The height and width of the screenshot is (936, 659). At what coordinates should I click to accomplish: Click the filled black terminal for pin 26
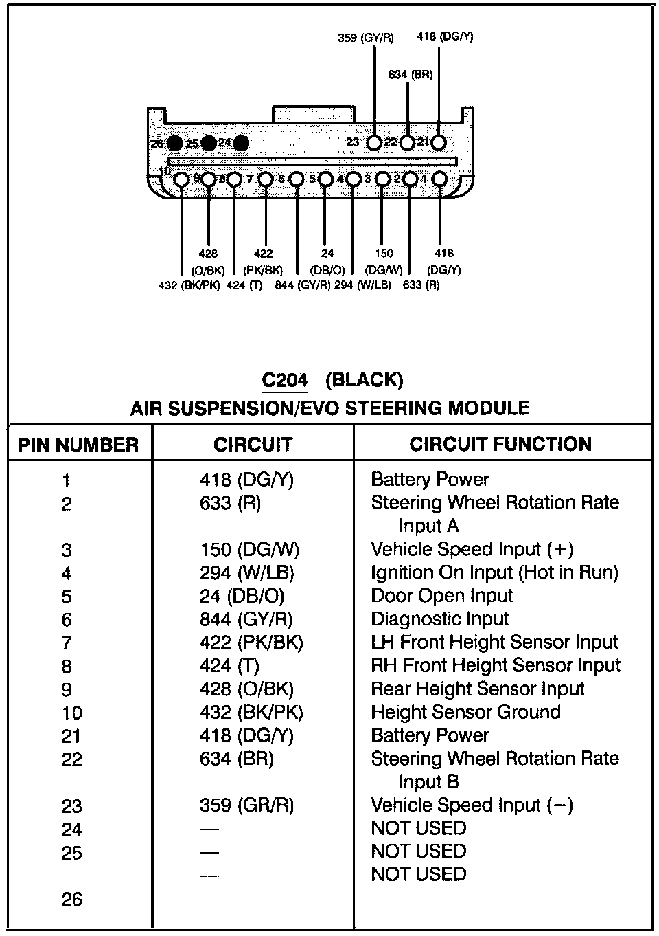click(174, 143)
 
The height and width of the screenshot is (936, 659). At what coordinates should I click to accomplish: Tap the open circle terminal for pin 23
click(374, 143)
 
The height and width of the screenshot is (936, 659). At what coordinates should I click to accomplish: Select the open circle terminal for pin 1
click(439, 179)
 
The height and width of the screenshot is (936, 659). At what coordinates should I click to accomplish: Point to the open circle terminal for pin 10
click(181, 179)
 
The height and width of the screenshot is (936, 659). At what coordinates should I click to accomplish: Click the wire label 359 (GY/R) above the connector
click(365, 38)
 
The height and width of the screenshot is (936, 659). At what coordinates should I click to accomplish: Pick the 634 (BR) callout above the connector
click(410, 74)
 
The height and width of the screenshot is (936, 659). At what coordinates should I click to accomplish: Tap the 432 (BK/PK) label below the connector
click(189, 286)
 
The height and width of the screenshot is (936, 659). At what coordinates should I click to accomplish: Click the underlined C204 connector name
click(285, 380)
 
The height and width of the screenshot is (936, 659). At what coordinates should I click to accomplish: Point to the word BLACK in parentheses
click(364, 380)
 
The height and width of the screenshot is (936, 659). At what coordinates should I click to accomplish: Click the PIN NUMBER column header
click(78, 445)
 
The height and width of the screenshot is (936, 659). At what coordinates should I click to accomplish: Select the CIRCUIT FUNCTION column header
click(500, 444)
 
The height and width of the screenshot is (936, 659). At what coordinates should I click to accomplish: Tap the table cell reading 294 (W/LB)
click(246, 573)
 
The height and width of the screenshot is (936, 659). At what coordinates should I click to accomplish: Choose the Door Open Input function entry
click(441, 596)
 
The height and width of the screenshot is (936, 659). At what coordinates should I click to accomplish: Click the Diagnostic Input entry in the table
click(439, 619)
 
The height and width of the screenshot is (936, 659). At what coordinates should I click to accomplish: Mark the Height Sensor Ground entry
click(465, 712)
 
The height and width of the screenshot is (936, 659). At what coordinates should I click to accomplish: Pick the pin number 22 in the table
click(71, 760)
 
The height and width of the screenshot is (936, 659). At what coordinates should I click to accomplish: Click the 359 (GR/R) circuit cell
click(246, 805)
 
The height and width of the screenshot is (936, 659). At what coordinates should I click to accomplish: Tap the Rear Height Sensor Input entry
click(477, 689)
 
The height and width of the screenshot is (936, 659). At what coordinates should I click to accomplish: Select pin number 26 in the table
click(71, 900)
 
